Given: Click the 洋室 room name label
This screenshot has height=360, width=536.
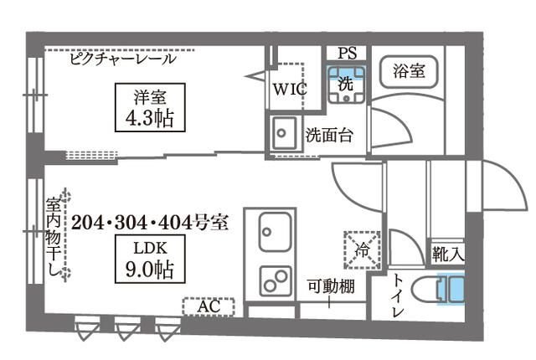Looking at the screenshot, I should click(144, 95).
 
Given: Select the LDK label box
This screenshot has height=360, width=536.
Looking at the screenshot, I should click(144, 249).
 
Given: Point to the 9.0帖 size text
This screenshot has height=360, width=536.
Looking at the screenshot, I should click(144, 270).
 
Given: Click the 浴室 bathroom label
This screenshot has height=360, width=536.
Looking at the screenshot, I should click(409, 71).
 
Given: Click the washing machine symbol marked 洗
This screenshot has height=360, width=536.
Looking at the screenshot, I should click(347, 85).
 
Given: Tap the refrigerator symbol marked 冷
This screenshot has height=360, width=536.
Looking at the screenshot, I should click(363, 249).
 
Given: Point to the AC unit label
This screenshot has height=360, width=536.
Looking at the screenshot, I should click(209, 306).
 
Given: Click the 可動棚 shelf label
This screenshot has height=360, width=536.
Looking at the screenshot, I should click(330, 286).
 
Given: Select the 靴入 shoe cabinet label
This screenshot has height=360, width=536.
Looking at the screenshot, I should click(449, 251).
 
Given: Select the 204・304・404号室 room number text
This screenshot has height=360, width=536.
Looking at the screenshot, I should click(150, 223).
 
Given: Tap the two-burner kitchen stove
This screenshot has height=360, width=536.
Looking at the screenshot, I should click(274, 280).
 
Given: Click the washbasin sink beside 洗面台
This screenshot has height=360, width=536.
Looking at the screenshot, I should click(282, 132).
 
